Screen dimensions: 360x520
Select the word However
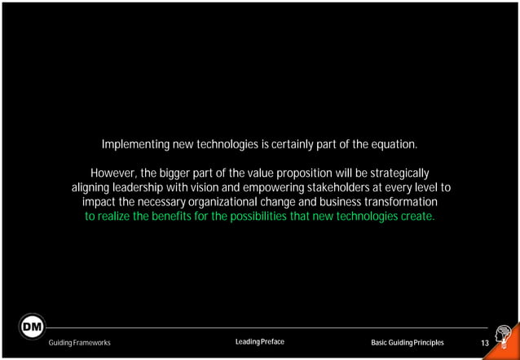[x=113, y=173]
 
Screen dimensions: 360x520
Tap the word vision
[x=217, y=187]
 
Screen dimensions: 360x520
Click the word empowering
[x=278, y=187]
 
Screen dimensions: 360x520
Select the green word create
[x=416, y=216]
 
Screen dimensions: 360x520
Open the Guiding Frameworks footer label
[x=80, y=343]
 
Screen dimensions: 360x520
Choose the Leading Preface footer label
[x=259, y=342]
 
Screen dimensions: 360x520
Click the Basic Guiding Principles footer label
[x=408, y=343]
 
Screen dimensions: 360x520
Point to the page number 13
[x=484, y=343]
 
